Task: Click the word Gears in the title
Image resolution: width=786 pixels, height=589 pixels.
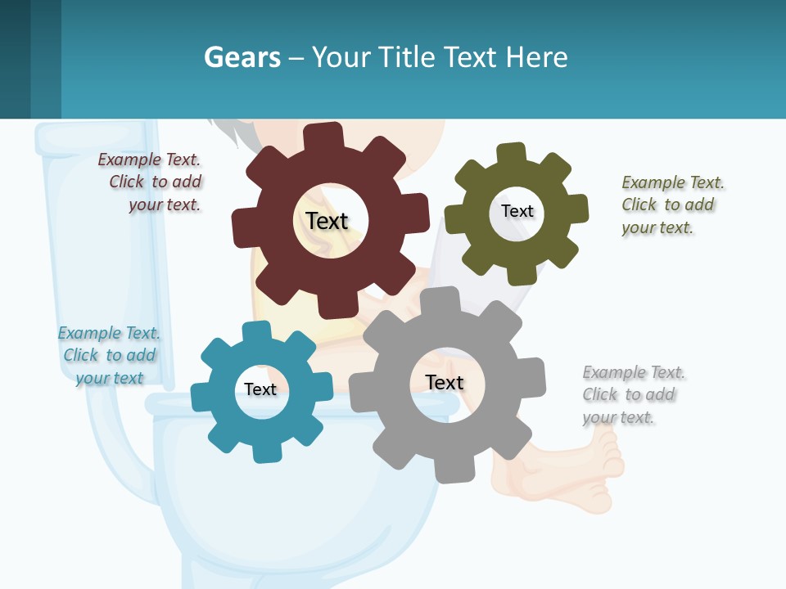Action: pyautogui.click(x=242, y=57)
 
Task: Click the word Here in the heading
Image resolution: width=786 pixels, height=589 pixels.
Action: pyautogui.click(x=536, y=57)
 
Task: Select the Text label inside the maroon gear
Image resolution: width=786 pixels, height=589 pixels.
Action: pyautogui.click(x=327, y=221)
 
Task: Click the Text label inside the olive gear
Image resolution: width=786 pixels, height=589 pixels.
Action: pyautogui.click(x=517, y=211)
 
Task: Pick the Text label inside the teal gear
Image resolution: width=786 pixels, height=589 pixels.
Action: pyautogui.click(x=260, y=389)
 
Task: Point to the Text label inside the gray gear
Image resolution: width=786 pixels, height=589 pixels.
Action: pyautogui.click(x=445, y=382)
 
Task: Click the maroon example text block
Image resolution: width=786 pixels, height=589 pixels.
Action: pyautogui.click(x=151, y=182)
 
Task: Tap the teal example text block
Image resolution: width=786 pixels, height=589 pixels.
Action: pyautogui.click(x=109, y=356)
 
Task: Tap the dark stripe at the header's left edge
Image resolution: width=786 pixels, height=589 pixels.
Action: pyautogui.click(x=15, y=59)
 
